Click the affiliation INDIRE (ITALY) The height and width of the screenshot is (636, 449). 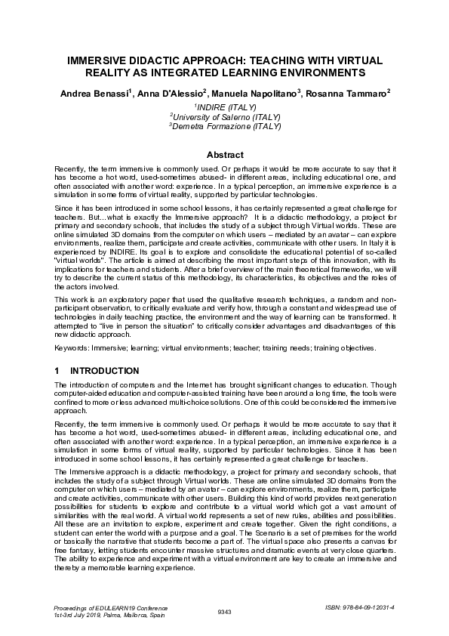click(226, 107)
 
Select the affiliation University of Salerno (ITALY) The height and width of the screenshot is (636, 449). click(226, 117)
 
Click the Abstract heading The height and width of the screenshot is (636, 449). click(224, 154)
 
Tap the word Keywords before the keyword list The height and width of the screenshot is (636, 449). click(73, 347)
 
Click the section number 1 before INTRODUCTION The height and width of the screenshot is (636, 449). click(57, 371)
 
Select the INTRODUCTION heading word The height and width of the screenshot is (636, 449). click(104, 371)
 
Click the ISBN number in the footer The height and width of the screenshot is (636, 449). click(361, 607)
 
